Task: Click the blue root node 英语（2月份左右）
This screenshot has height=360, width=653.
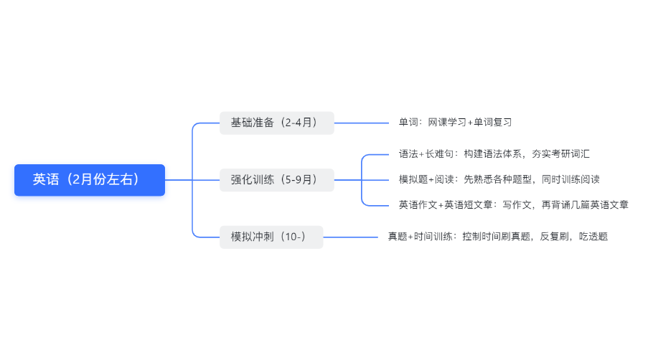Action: [x=90, y=180]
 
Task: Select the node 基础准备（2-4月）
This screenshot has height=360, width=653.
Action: [x=277, y=123]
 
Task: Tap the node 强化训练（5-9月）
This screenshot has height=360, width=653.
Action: [x=277, y=180]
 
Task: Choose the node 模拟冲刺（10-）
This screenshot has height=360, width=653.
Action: [x=271, y=237]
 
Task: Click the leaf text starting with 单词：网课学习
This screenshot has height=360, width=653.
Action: [x=455, y=123]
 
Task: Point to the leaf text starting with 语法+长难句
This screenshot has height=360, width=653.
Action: [x=494, y=154]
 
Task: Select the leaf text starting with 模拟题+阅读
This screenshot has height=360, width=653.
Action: [x=499, y=179]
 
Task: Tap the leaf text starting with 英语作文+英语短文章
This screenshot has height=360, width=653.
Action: [x=514, y=205]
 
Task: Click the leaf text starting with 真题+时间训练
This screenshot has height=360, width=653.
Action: [x=498, y=237]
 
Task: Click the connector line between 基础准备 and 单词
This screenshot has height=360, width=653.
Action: [x=362, y=123]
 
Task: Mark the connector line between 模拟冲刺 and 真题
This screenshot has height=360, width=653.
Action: [x=350, y=237]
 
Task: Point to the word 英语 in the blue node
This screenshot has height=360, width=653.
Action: [x=46, y=179]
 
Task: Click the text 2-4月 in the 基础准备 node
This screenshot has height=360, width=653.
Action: [x=299, y=123]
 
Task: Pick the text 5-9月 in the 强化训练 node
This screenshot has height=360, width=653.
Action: [x=299, y=180]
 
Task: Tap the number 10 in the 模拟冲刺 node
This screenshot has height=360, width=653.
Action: [x=291, y=237]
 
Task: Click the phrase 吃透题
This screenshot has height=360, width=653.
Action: [x=593, y=237]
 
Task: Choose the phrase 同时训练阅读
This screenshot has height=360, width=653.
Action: [x=571, y=179]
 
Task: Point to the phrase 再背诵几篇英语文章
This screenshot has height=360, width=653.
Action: [x=585, y=205]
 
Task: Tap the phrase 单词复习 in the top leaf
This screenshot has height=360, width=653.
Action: [x=493, y=123]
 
